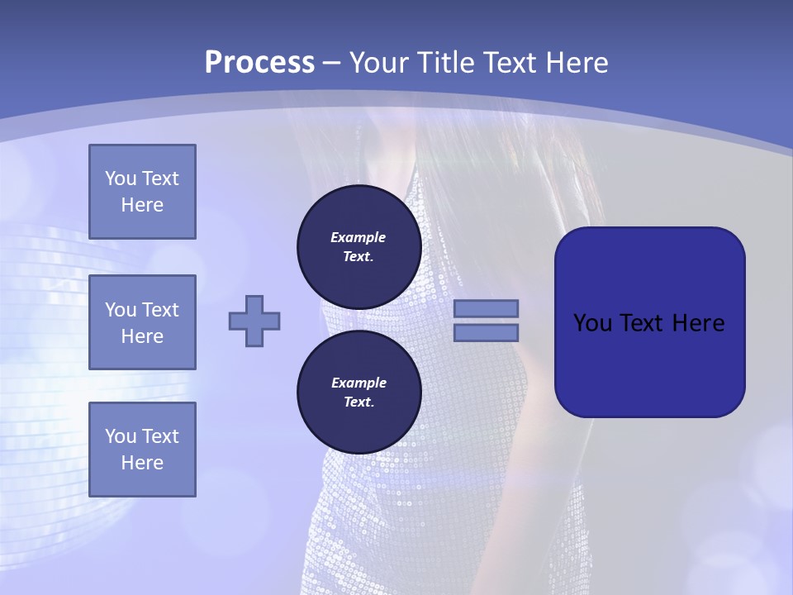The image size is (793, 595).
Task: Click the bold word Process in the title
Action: pos(259,62)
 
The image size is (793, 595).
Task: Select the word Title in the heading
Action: pos(448,62)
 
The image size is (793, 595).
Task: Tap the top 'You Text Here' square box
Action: pos(142,192)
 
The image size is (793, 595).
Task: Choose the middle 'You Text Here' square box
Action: pos(142,322)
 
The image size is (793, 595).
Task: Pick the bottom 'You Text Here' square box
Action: pos(142,450)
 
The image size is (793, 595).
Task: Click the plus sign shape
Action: pos(254,321)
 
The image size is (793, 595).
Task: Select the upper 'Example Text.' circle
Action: pos(359,247)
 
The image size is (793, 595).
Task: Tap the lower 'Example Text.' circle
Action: pos(359,393)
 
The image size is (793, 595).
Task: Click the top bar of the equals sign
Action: pos(486,308)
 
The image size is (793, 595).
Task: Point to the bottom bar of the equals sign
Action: pos(486,332)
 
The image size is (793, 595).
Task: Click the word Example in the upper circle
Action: pos(359,237)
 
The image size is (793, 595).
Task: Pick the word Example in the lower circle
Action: pos(359,383)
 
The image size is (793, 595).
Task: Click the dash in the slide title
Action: pos(332,63)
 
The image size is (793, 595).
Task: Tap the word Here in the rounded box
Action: pos(699,323)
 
